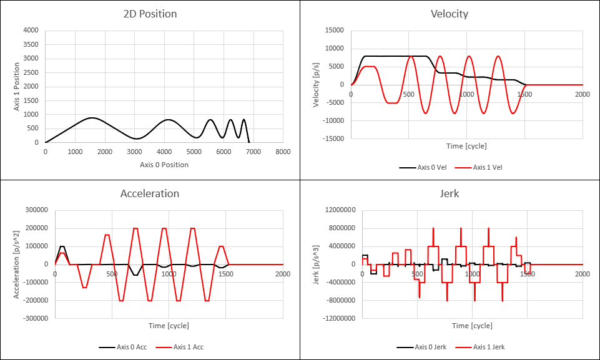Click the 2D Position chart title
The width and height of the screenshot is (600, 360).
[150, 14]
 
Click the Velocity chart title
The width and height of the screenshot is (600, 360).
[450, 14]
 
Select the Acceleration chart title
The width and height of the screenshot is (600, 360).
[150, 193]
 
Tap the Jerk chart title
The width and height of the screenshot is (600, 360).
[450, 193]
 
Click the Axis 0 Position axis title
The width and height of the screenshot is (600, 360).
[163, 165]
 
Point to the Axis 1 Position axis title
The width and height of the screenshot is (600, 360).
[18, 86]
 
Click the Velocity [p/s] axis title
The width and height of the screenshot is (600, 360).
[317, 84]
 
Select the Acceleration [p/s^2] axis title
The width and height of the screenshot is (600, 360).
[17, 265]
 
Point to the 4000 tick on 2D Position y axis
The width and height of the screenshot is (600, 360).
[31, 30]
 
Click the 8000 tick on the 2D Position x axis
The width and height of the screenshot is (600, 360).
[283, 152]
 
